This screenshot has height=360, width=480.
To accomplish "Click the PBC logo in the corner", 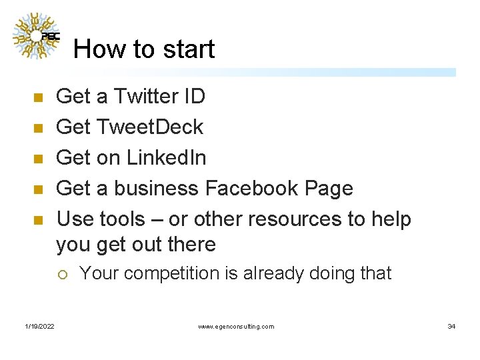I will click(36, 36).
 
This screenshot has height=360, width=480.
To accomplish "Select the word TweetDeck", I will click(150, 127).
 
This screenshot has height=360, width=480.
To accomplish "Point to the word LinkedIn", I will click(166, 158).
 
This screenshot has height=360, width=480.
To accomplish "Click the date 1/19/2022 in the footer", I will click(40, 326).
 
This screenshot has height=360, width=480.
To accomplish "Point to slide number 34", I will click(451, 326).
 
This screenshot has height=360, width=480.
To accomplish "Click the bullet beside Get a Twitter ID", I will click(38, 98).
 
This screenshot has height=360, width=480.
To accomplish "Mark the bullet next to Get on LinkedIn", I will click(38, 159).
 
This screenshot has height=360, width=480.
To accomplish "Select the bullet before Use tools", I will click(38, 220).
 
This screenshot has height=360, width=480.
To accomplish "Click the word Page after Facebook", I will click(328, 189).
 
